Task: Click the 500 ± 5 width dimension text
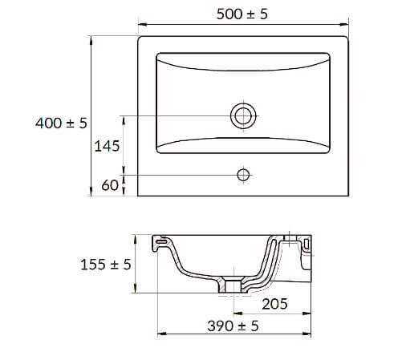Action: (x=245, y=14)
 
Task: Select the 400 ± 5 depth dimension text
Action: (x=61, y=123)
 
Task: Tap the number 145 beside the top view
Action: (x=108, y=146)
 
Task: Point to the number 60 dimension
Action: (x=111, y=185)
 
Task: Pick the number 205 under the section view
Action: (x=274, y=305)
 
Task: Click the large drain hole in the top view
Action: (x=243, y=116)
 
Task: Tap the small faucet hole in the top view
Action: (x=243, y=173)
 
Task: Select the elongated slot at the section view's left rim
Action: (x=163, y=241)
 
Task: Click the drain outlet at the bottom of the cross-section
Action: (x=233, y=285)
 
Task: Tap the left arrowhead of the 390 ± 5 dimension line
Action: (x=157, y=335)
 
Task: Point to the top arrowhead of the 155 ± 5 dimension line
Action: (x=138, y=237)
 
